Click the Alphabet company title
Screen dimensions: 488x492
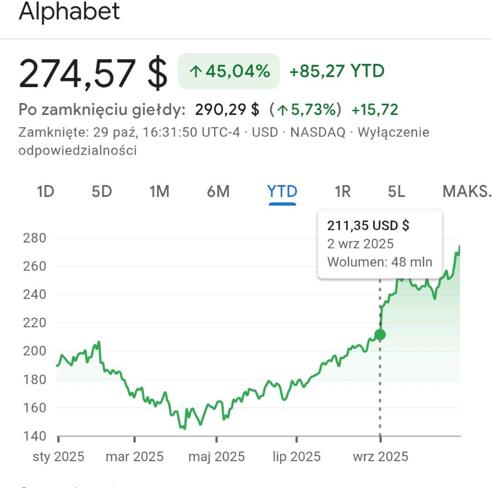(69, 11)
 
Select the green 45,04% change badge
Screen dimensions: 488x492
(229, 71)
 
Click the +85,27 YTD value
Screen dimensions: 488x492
(337, 71)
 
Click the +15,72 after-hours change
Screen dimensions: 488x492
(375, 109)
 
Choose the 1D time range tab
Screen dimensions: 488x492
(46, 192)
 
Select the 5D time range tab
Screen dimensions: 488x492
(102, 192)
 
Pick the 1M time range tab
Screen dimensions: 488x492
(159, 192)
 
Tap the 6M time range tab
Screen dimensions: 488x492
(218, 192)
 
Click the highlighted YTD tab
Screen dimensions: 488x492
(282, 192)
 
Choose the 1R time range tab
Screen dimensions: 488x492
(343, 192)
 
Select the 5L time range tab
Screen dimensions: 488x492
(397, 192)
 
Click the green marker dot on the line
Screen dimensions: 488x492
(380, 335)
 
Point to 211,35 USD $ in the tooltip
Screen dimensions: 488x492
(368, 225)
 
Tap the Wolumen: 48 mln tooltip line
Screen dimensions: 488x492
(379, 263)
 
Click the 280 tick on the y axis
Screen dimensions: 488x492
(34, 237)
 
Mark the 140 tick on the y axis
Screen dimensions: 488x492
(34, 436)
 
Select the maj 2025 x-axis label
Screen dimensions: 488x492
(216, 457)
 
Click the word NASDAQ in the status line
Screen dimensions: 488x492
(317, 133)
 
